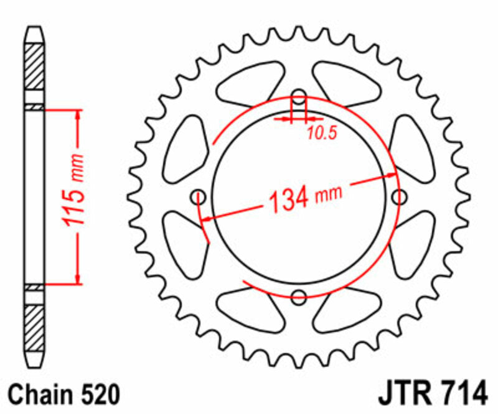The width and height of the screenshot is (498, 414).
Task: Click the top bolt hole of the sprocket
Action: pyautogui.click(x=299, y=98)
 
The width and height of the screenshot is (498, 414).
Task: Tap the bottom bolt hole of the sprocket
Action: pyautogui.click(x=299, y=297)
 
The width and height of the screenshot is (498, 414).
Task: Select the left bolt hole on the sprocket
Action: pyautogui.click(x=200, y=197)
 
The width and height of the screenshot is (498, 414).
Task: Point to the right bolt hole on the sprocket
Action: pyautogui.click(x=398, y=197)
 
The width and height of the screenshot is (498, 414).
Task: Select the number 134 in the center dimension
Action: pyautogui.click(x=288, y=198)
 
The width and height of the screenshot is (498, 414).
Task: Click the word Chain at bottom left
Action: pyautogui.click(x=39, y=395)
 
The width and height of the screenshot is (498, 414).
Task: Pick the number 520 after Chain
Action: pyautogui.click(x=96, y=395)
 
